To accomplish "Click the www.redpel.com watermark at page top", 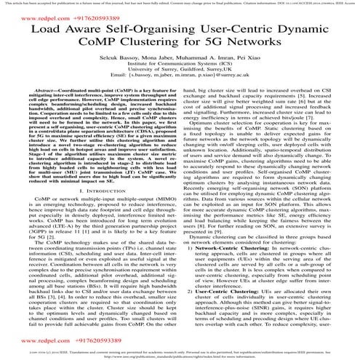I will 33,13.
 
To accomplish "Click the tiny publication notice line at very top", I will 180,3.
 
